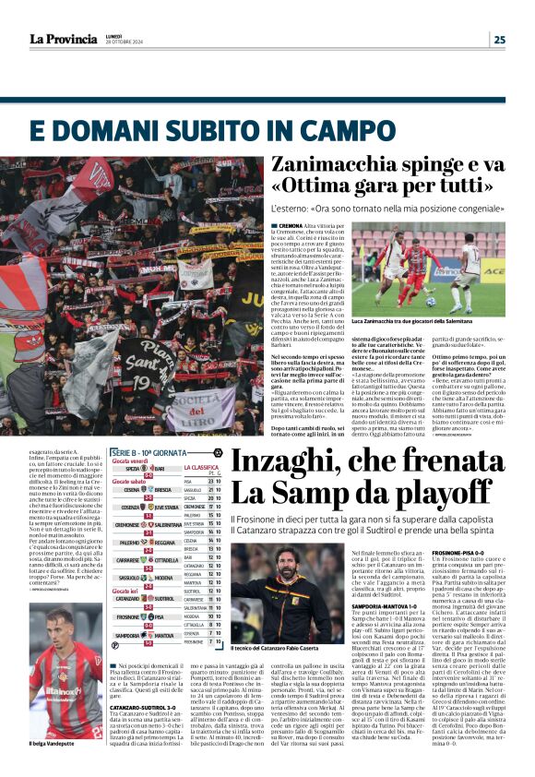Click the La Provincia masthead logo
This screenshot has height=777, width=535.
tap(62, 39)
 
